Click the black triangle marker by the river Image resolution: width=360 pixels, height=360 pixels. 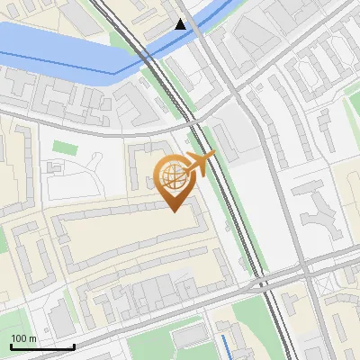point(182,24)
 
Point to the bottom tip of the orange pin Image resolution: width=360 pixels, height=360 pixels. point(174,211)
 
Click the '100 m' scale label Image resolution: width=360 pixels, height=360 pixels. point(23,338)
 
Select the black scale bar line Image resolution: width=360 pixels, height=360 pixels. point(41,346)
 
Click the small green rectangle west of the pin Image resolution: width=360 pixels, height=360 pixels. point(63,147)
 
